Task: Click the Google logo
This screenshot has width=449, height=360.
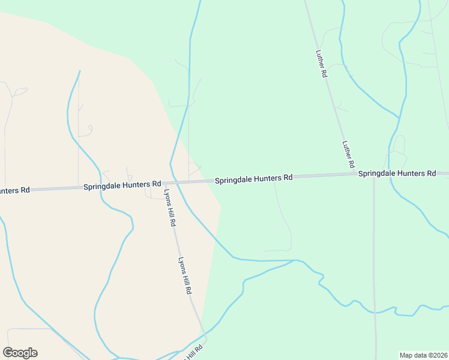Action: click(20, 353)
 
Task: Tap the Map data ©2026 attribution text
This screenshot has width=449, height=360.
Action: click(423, 355)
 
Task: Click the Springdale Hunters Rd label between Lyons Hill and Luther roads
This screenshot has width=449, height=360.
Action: click(253, 178)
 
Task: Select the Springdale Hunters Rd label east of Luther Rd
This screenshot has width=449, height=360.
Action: click(397, 173)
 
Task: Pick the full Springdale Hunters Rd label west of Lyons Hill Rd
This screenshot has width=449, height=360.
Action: click(122, 185)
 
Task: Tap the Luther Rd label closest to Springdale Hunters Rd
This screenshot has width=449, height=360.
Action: click(348, 154)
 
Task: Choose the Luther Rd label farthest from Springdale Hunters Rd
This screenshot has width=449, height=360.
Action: click(321, 63)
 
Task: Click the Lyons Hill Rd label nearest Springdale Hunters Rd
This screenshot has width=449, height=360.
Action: click(169, 207)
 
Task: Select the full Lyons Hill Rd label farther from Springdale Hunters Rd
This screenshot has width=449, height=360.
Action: click(184, 275)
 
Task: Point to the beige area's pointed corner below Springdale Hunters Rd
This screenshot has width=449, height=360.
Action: click(221, 206)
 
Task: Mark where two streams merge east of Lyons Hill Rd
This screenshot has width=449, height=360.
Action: click(294, 261)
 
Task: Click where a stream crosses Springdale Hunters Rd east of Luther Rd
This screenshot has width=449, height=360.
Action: click(390, 174)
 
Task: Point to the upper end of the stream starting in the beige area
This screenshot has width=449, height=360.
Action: click(79, 71)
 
